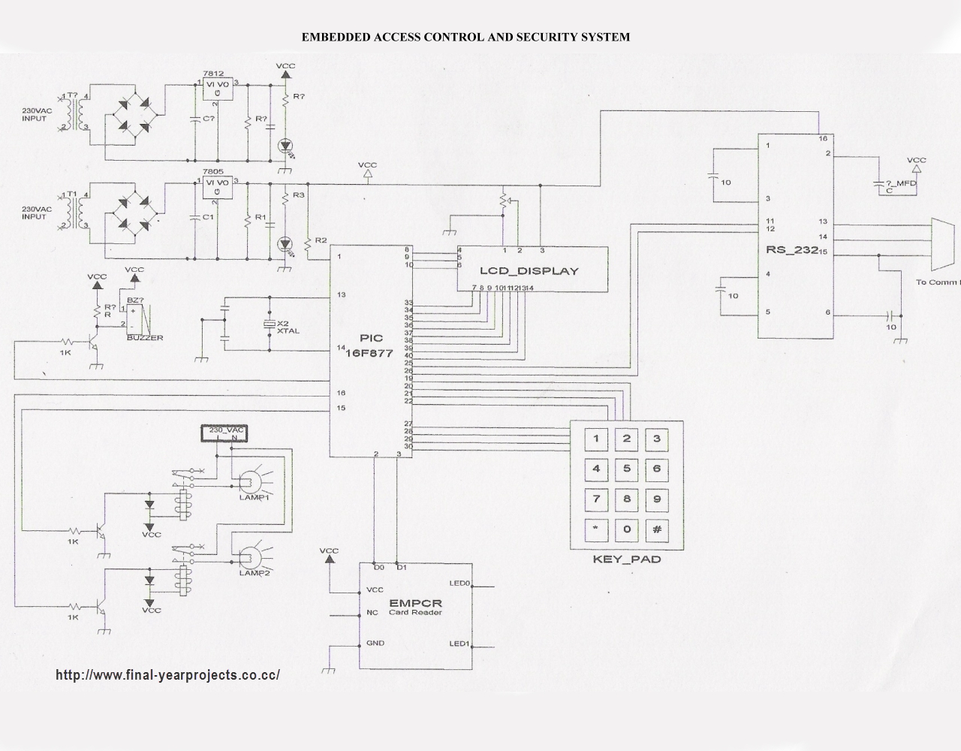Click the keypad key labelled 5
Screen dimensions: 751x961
click(626, 469)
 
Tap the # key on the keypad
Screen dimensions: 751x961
click(656, 529)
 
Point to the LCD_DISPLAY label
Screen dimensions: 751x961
click(529, 271)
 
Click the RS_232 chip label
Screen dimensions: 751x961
click(792, 250)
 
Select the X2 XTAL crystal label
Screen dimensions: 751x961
click(288, 327)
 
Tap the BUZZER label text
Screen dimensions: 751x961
click(144, 338)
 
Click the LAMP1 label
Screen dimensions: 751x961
click(254, 497)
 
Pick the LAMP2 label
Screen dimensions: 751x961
click(254, 572)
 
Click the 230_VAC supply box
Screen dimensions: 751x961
click(224, 432)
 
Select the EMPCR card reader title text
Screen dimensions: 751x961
click(415, 603)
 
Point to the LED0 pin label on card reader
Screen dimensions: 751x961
click(459, 584)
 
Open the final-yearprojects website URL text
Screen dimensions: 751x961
click(167, 675)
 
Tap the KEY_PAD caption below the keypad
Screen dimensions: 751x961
click(626, 559)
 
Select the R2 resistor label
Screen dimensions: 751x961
click(321, 240)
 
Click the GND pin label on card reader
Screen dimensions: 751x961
click(375, 644)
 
